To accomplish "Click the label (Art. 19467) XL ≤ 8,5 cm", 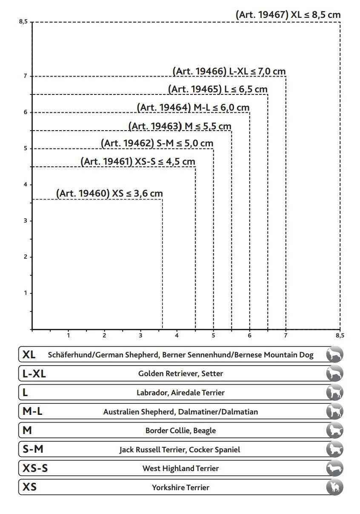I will (288, 15).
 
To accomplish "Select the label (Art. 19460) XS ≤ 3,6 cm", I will (109, 194).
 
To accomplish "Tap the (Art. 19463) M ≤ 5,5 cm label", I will (180, 126).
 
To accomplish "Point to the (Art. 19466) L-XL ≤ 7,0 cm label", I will (229, 71).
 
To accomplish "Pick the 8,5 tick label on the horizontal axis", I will (340, 336).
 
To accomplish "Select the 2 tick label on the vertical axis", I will (26, 257).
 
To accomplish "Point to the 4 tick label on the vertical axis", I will (26, 185).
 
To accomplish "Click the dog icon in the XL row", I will (334, 354).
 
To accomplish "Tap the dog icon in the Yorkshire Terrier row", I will (334, 487).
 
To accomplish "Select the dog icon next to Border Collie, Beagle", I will (334, 430).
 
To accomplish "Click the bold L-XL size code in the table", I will (34, 374).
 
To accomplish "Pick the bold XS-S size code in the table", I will (35, 468).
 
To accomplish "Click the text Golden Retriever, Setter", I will (180, 374).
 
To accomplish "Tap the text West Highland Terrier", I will (180, 468).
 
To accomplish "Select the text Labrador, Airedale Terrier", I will (180, 393).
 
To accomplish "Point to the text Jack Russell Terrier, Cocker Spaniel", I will (180, 449).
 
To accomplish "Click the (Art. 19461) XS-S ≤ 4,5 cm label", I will (138, 162).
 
